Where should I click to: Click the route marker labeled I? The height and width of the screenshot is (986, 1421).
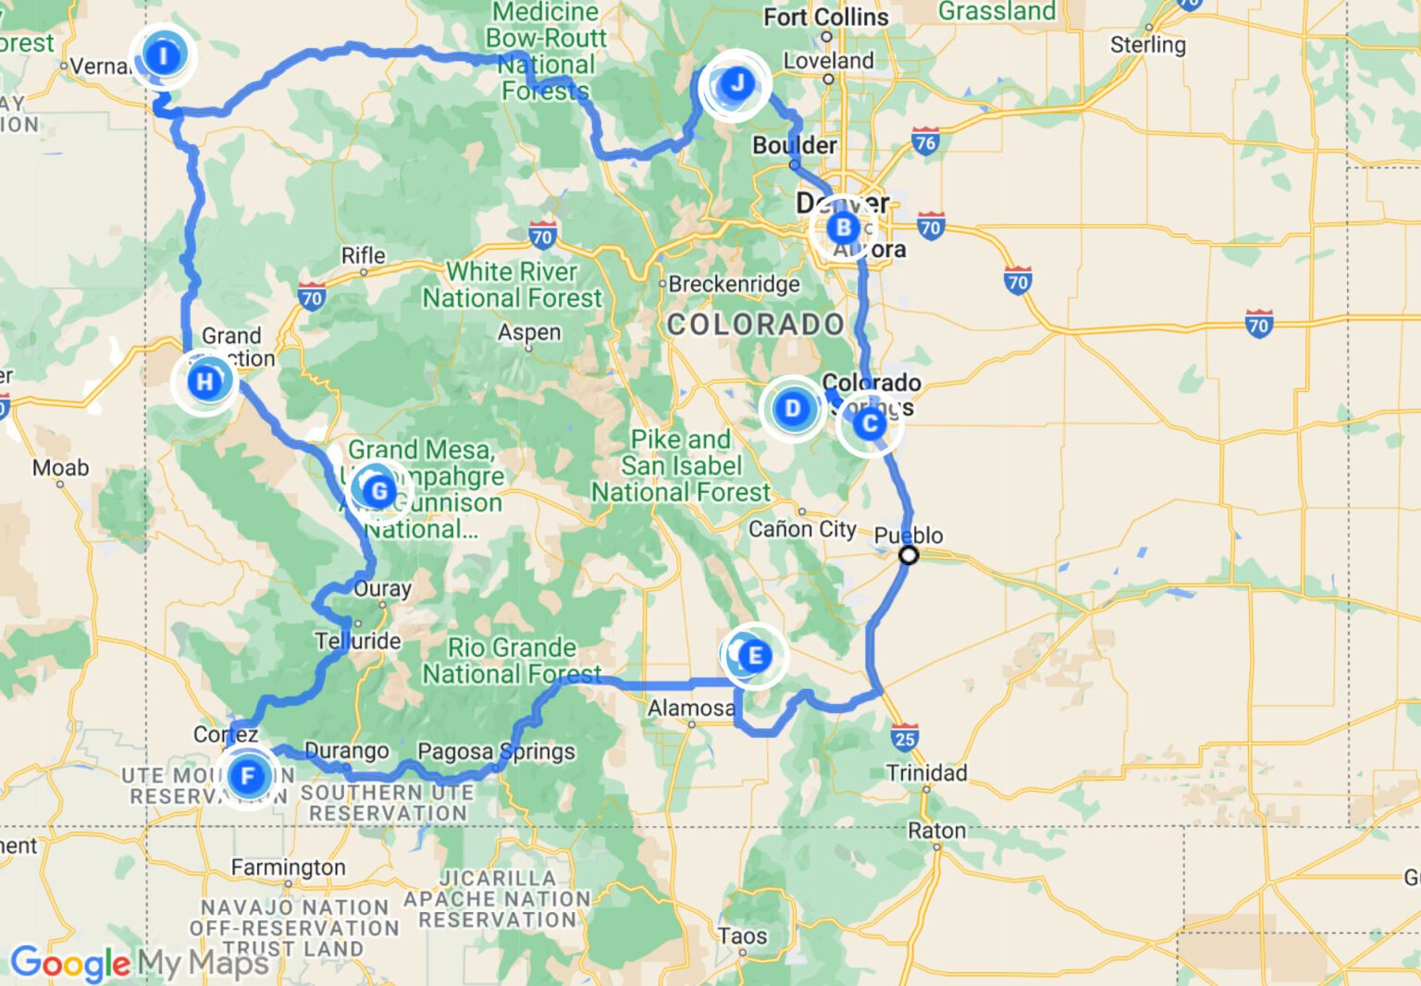164,55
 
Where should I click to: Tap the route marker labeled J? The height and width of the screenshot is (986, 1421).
736,84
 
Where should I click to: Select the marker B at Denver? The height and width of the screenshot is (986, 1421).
843,228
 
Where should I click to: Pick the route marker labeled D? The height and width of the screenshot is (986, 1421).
792,408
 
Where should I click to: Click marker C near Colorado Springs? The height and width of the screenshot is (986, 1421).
869,424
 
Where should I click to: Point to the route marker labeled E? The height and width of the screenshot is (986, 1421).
755,656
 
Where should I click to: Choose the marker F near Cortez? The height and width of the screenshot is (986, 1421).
248,775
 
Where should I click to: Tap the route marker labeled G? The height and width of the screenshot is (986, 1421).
378,490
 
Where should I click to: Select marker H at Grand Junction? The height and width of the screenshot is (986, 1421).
204,380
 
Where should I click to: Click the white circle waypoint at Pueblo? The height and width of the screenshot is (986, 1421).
908,555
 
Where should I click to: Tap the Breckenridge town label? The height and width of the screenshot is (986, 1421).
734,284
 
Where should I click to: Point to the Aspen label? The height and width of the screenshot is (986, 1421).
529,332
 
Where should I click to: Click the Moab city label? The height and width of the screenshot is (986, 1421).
61,468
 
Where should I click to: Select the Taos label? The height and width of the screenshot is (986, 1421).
742,936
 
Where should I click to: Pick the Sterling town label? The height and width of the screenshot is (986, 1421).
1147,44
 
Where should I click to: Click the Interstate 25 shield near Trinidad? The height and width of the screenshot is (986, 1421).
905,738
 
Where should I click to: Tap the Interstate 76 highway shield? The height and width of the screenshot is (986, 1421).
925,142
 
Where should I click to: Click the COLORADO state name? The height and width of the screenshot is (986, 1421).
755,324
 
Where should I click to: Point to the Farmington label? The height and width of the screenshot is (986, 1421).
288,868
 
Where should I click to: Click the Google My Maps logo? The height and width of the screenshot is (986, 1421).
139,964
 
